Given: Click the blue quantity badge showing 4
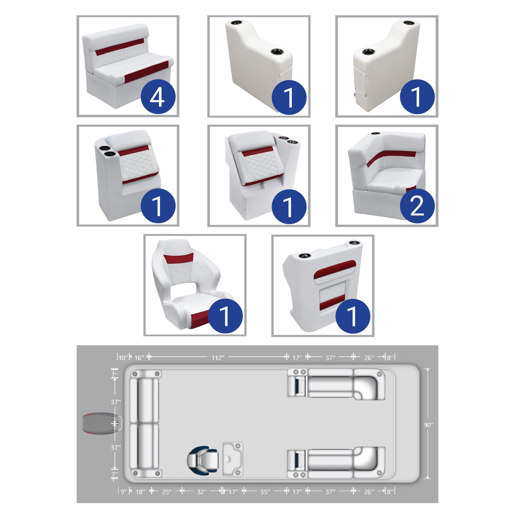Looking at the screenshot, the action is click(158, 97).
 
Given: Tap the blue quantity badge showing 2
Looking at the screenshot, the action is click(417, 206).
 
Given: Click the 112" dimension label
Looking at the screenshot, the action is click(218, 358).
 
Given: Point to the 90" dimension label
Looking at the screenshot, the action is click(428, 424).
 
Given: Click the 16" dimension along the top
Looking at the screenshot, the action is click(139, 358).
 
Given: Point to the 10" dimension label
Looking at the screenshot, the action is click(123, 358).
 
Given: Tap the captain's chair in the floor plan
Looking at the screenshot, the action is click(202, 460).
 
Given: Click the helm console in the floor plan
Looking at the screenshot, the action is click(233, 459).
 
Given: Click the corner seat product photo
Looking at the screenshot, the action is click(387, 175).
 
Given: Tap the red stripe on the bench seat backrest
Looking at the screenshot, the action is click(120, 47).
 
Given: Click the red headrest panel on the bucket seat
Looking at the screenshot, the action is click(178, 258).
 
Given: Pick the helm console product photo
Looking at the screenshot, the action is click(323, 285).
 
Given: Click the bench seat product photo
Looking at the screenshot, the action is click(128, 66).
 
